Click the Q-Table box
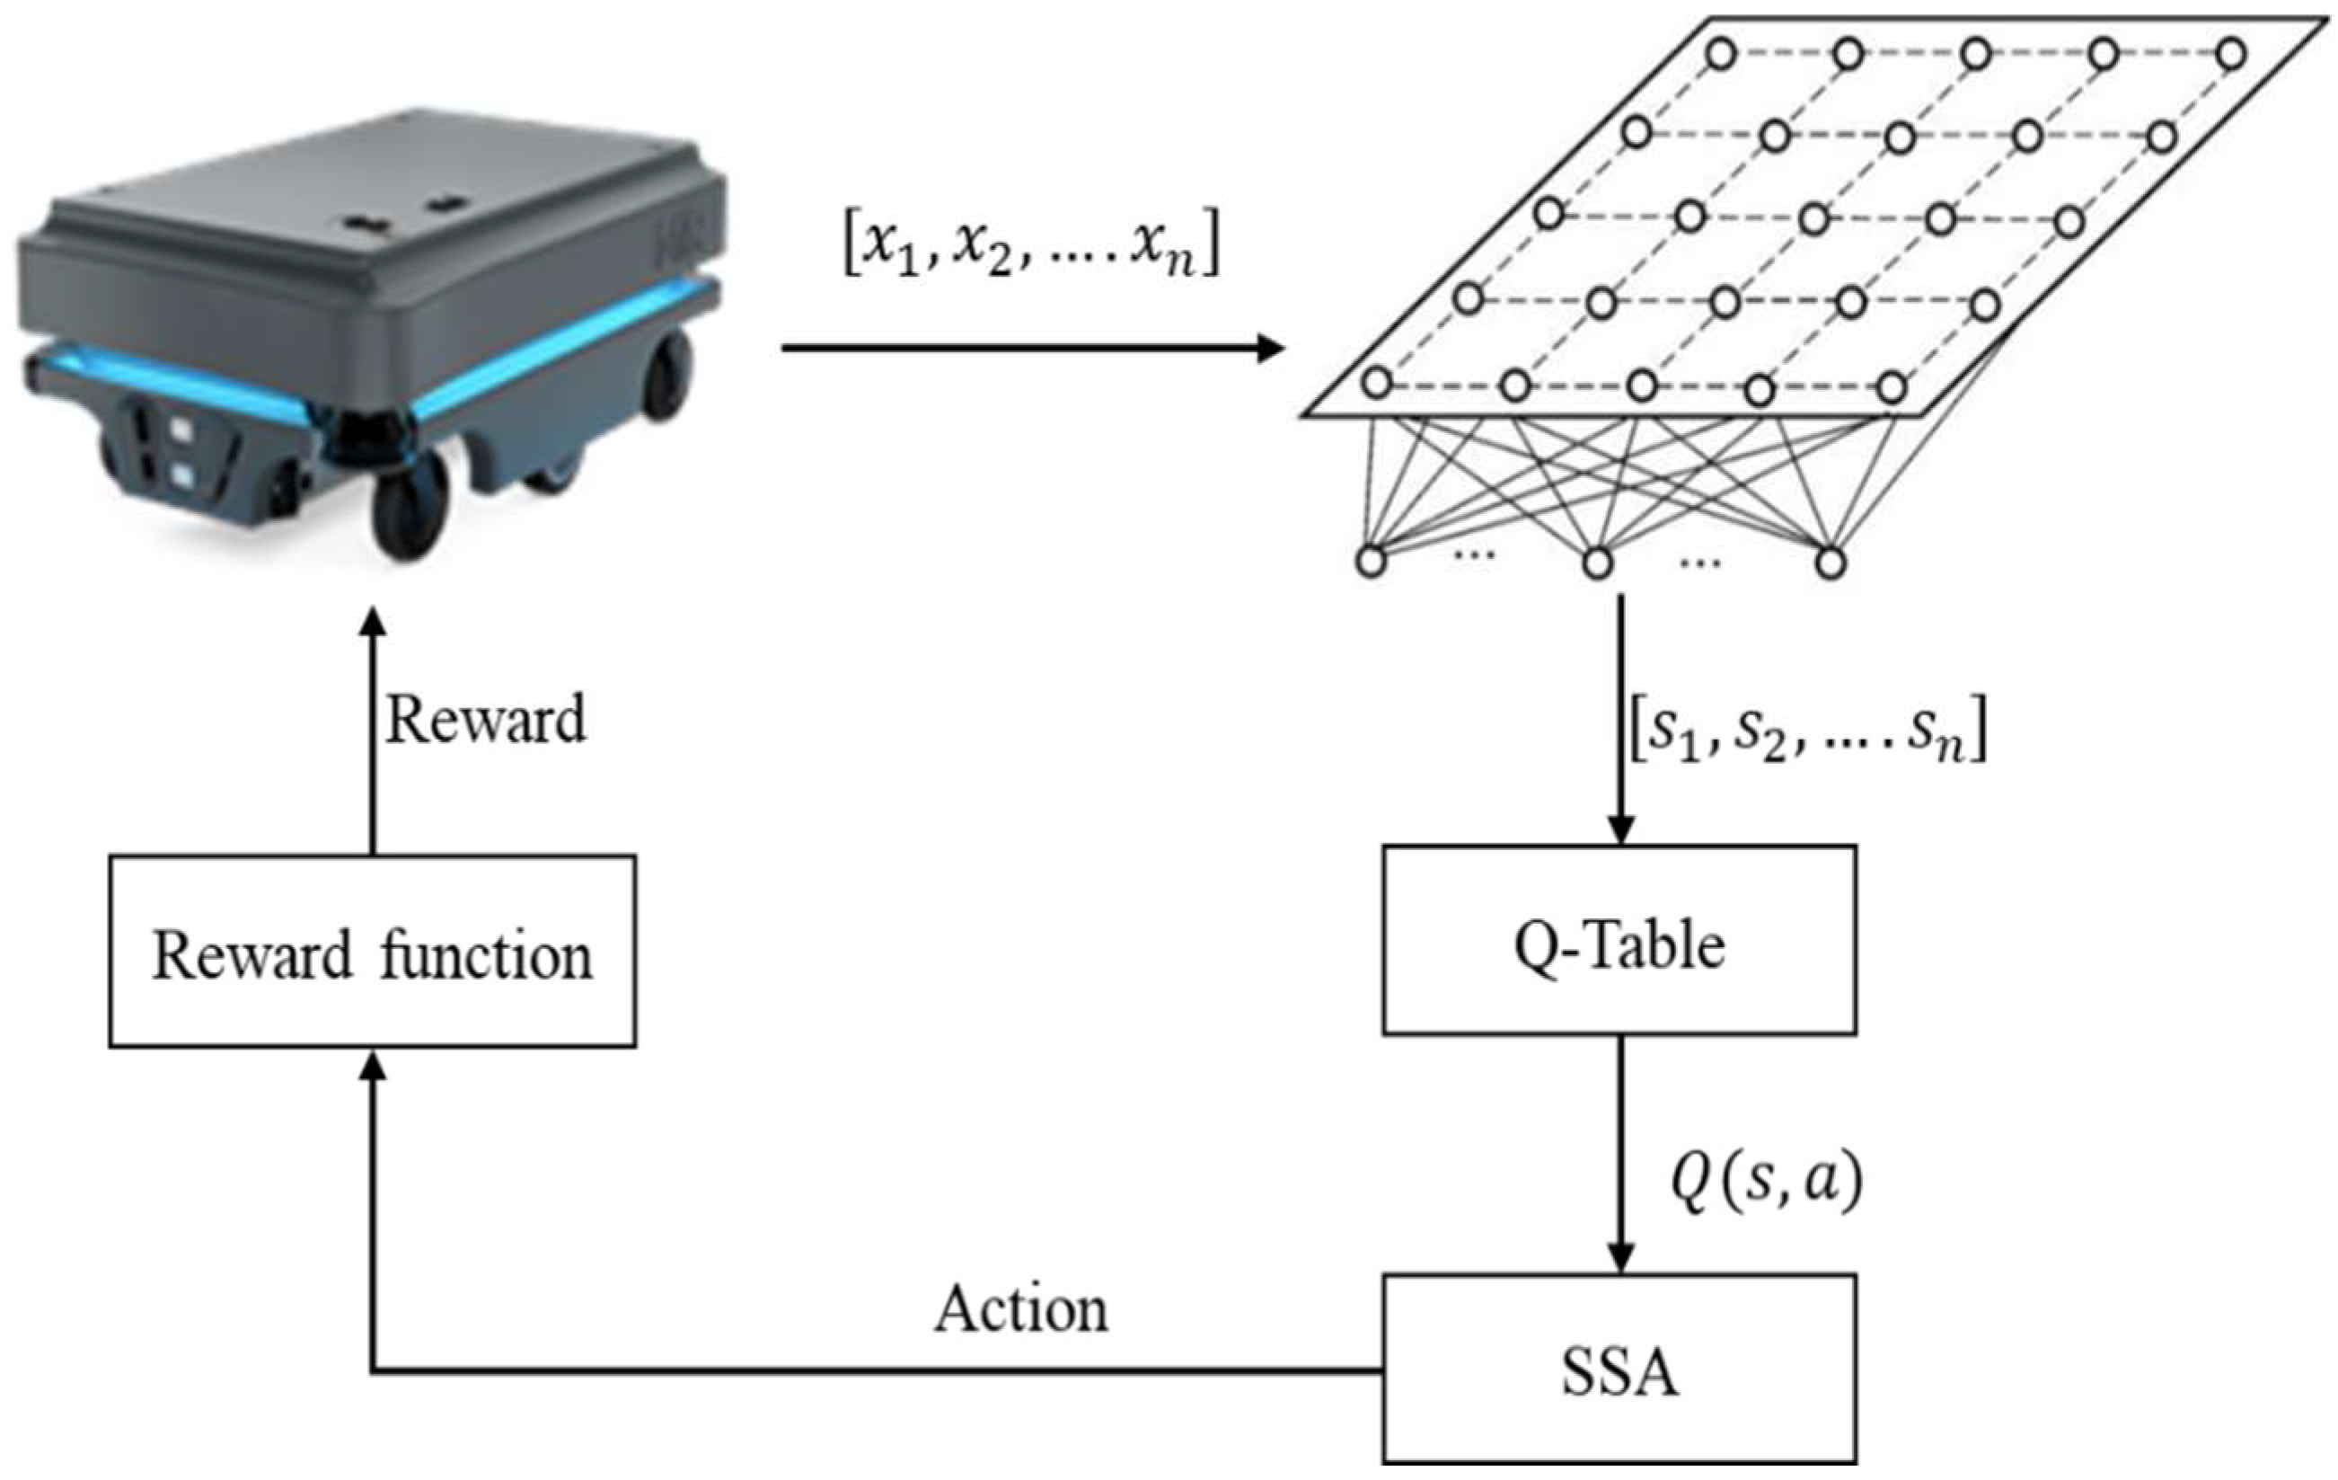(x=1619, y=940)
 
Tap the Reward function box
(x=372, y=951)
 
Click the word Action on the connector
(x=1020, y=1309)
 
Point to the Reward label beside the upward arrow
(x=485, y=720)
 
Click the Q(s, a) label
(x=1765, y=1182)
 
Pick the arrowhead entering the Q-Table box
(x=1619, y=831)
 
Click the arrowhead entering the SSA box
(x=1619, y=1258)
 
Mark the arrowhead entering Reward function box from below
(x=372, y=1067)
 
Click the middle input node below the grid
(x=1597, y=562)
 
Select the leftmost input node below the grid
(x=1370, y=562)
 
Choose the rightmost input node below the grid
(x=1831, y=562)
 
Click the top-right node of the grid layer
(x=2231, y=53)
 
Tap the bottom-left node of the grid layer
(x=1376, y=383)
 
